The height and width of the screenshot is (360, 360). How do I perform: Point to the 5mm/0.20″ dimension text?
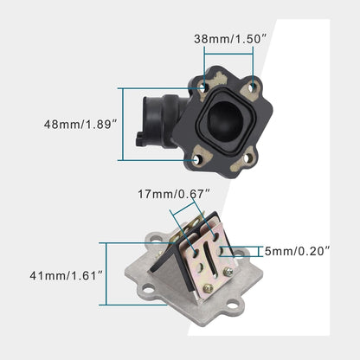tap(297, 252)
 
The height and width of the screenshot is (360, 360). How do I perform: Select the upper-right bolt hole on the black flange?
tap(254, 86)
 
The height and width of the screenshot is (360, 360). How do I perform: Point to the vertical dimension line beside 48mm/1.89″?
tap(125, 124)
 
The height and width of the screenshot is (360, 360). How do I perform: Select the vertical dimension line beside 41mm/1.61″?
tap(106, 273)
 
